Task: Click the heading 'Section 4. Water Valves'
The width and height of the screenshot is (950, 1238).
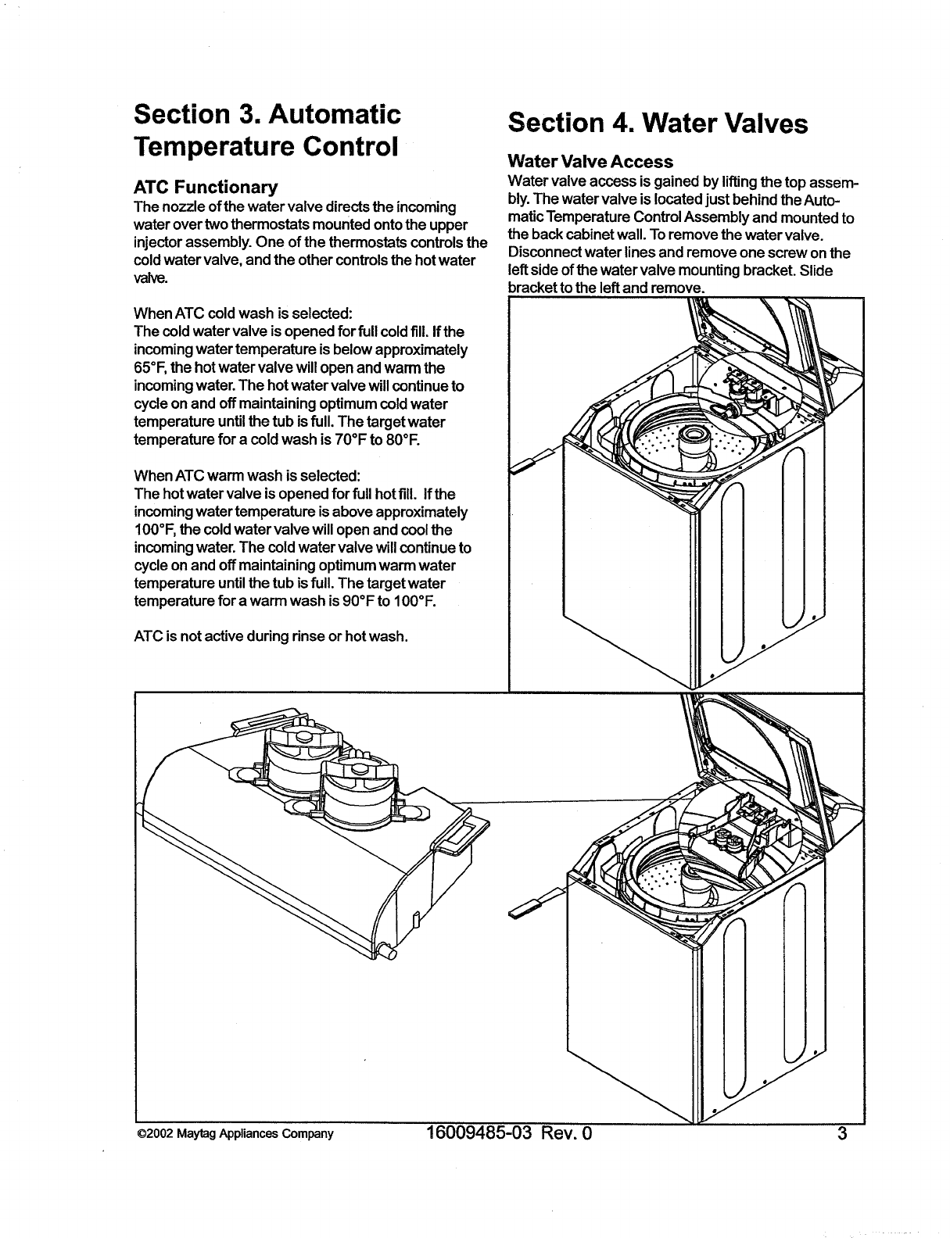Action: tap(657, 123)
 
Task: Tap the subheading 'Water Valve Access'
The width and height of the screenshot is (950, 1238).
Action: tap(590, 162)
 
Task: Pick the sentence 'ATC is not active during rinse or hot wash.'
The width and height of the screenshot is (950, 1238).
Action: tap(271, 635)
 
